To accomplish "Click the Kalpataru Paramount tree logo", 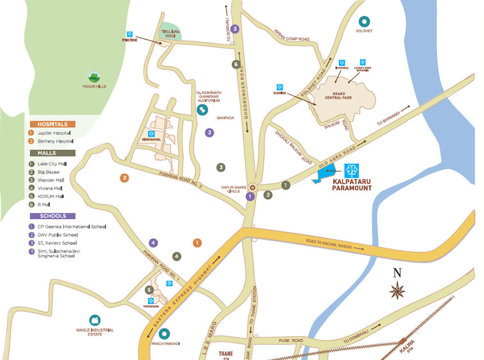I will tap(352, 171).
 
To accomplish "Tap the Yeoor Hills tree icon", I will tap(94, 77).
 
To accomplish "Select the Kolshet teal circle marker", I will tap(364, 22).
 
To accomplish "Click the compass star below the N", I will tap(397, 290).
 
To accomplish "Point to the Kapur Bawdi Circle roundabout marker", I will tap(253, 187).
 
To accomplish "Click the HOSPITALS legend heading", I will tap(52, 124).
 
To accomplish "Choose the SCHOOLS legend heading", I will tap(52, 216).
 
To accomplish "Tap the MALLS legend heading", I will tap(52, 153).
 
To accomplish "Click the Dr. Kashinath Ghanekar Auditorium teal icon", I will tap(202, 110).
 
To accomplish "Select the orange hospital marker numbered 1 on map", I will tap(197, 242).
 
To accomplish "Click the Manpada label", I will tap(225, 118).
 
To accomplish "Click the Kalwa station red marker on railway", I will tap(403, 341).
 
